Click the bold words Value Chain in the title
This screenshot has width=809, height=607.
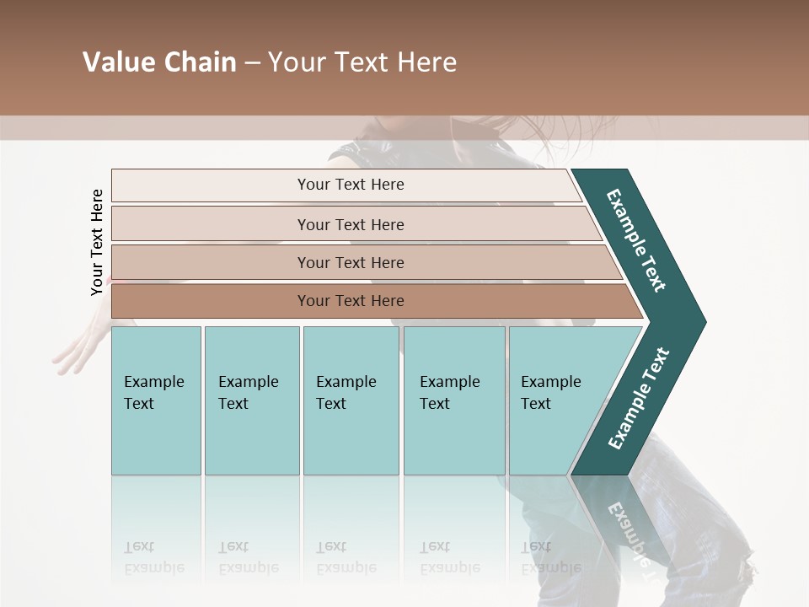159,62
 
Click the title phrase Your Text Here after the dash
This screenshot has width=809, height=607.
362,62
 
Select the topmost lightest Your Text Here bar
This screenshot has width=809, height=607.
351,185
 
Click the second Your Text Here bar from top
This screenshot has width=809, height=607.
351,224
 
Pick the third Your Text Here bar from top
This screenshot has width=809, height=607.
351,262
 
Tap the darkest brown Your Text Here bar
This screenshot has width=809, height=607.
351,301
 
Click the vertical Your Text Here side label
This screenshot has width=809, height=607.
97,242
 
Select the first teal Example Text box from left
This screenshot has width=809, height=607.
156,400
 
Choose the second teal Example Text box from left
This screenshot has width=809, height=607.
251,400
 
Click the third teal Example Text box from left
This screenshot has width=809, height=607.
351,400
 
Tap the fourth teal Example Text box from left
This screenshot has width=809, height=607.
453,400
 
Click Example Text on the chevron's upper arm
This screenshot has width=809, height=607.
636,240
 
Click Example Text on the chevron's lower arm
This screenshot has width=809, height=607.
639,398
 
